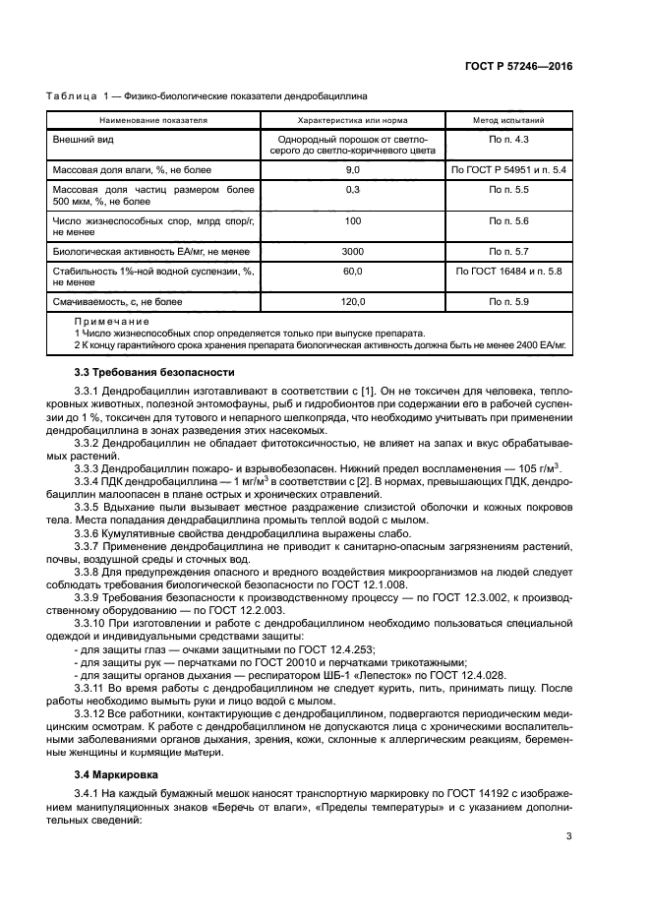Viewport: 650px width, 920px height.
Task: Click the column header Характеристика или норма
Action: pos(352,120)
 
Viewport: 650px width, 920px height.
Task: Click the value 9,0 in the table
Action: pos(352,170)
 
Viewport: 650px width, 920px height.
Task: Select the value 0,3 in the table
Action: pos(352,189)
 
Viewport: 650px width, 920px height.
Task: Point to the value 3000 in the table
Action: pos(352,251)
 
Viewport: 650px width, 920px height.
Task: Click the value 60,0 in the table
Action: pos(352,271)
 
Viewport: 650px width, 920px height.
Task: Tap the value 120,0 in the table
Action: pos(352,301)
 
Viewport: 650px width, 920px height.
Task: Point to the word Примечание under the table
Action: pos(111,322)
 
